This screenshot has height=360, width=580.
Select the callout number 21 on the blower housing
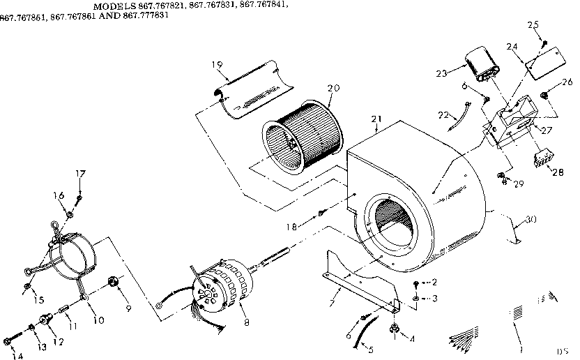[x=377, y=119]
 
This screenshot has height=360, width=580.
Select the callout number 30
[x=531, y=219]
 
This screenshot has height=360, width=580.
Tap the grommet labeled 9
[x=111, y=283]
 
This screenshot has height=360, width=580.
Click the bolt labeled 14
[x=8, y=341]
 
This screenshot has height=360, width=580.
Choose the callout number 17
[x=81, y=174]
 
